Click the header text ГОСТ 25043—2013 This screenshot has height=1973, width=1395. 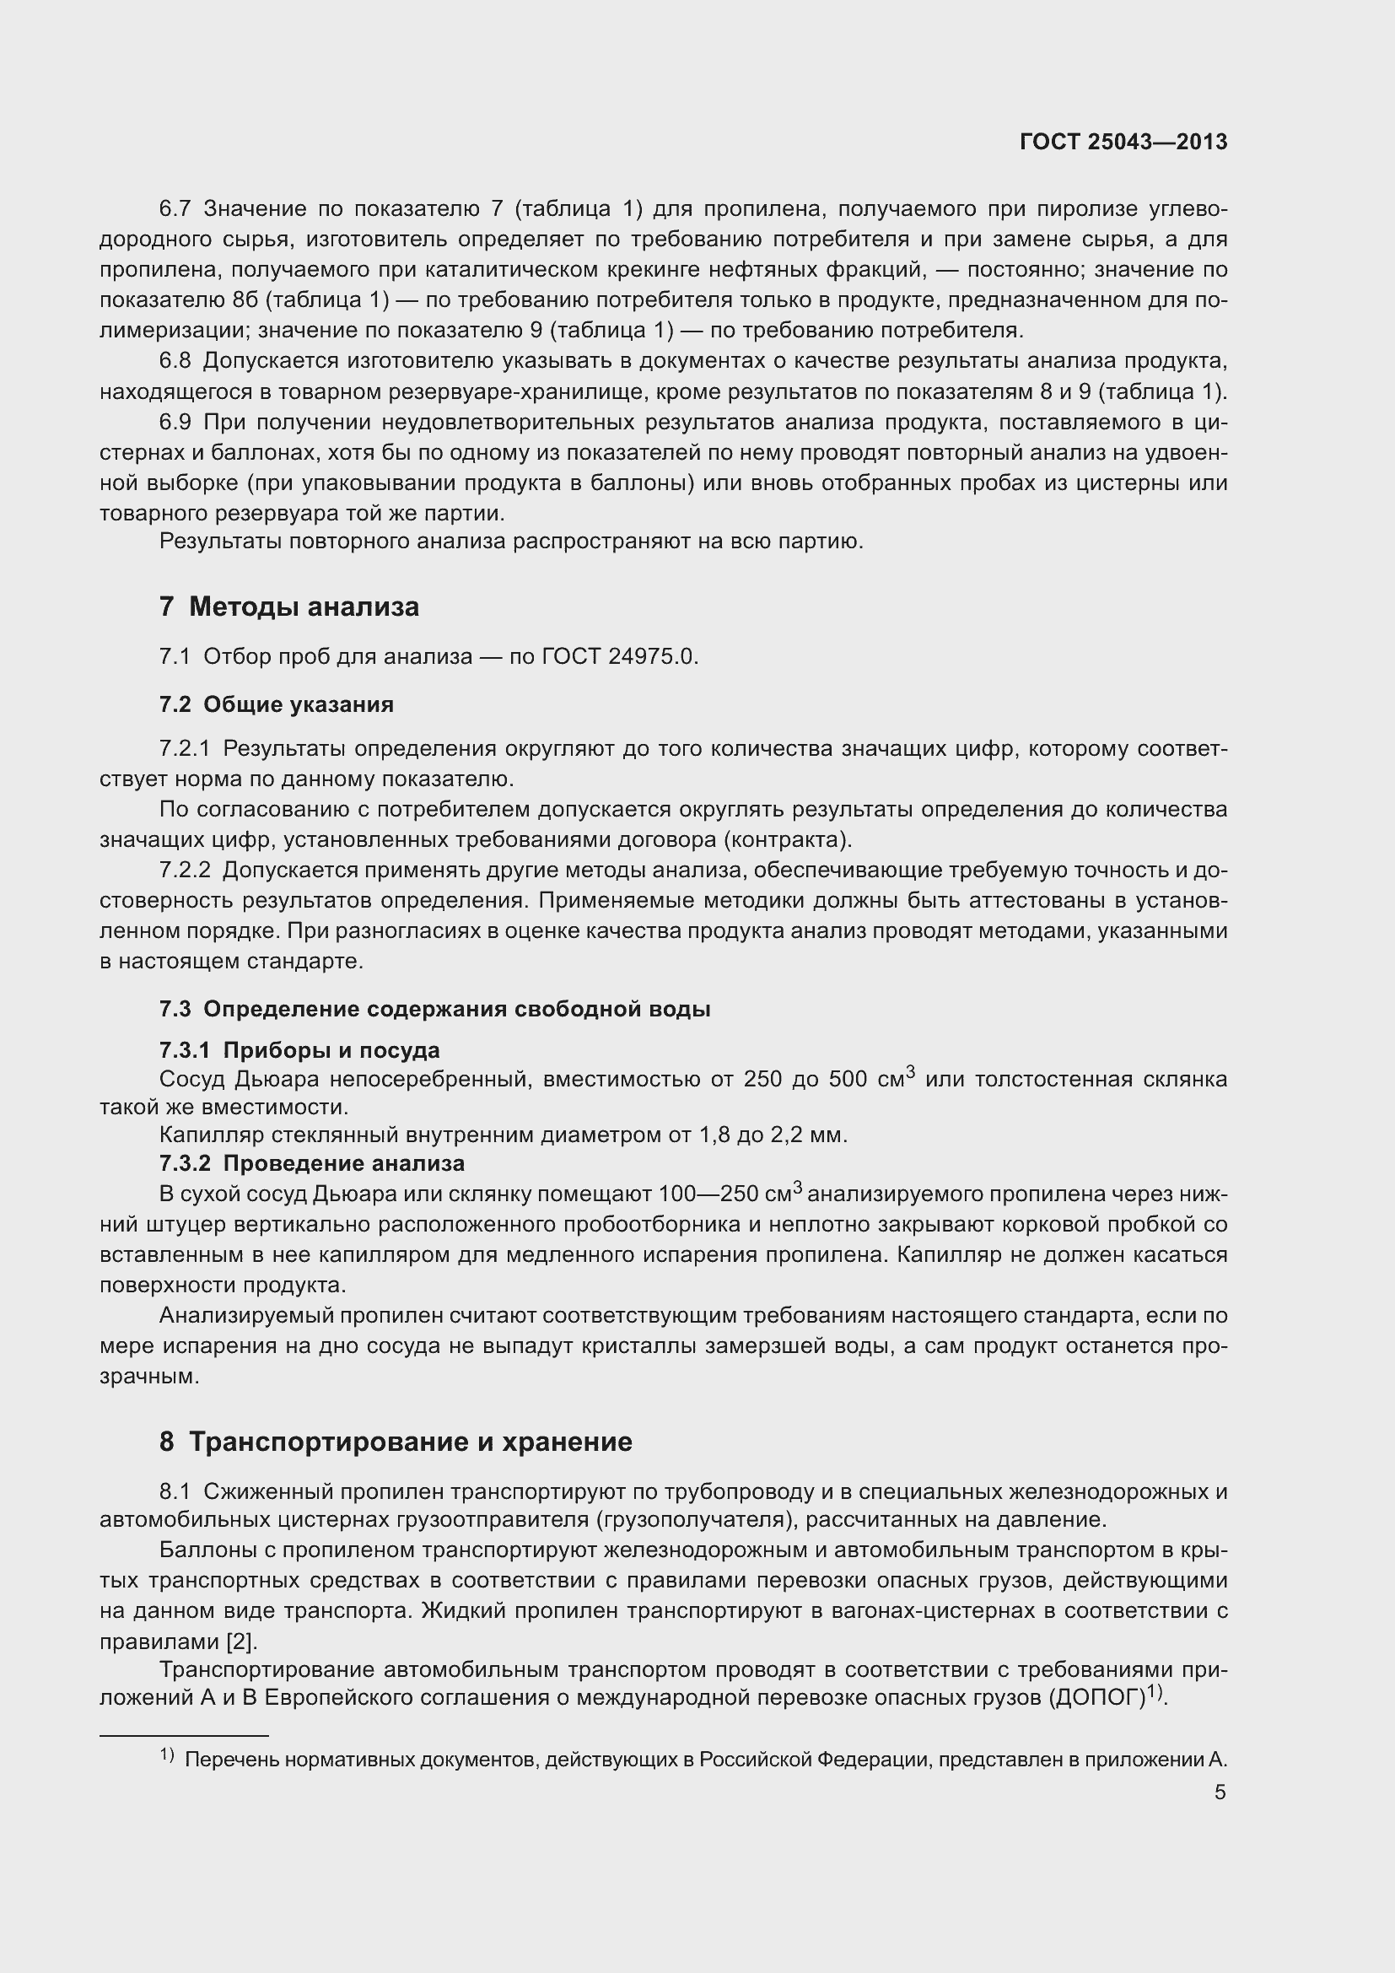coord(1123,142)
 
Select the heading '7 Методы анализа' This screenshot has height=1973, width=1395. coord(288,607)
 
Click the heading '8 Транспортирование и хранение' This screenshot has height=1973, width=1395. coord(395,1442)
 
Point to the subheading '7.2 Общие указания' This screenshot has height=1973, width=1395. coord(276,704)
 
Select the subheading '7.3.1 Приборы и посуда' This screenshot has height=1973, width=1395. coord(299,1050)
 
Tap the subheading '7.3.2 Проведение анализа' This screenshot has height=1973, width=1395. coord(311,1163)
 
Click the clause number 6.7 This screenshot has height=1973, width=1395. coord(175,209)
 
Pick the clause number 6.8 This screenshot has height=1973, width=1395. coord(175,361)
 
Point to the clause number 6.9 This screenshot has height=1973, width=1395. coord(175,422)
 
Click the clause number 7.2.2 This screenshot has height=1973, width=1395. coord(185,871)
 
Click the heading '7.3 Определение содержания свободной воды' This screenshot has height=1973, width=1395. coord(434,1009)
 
